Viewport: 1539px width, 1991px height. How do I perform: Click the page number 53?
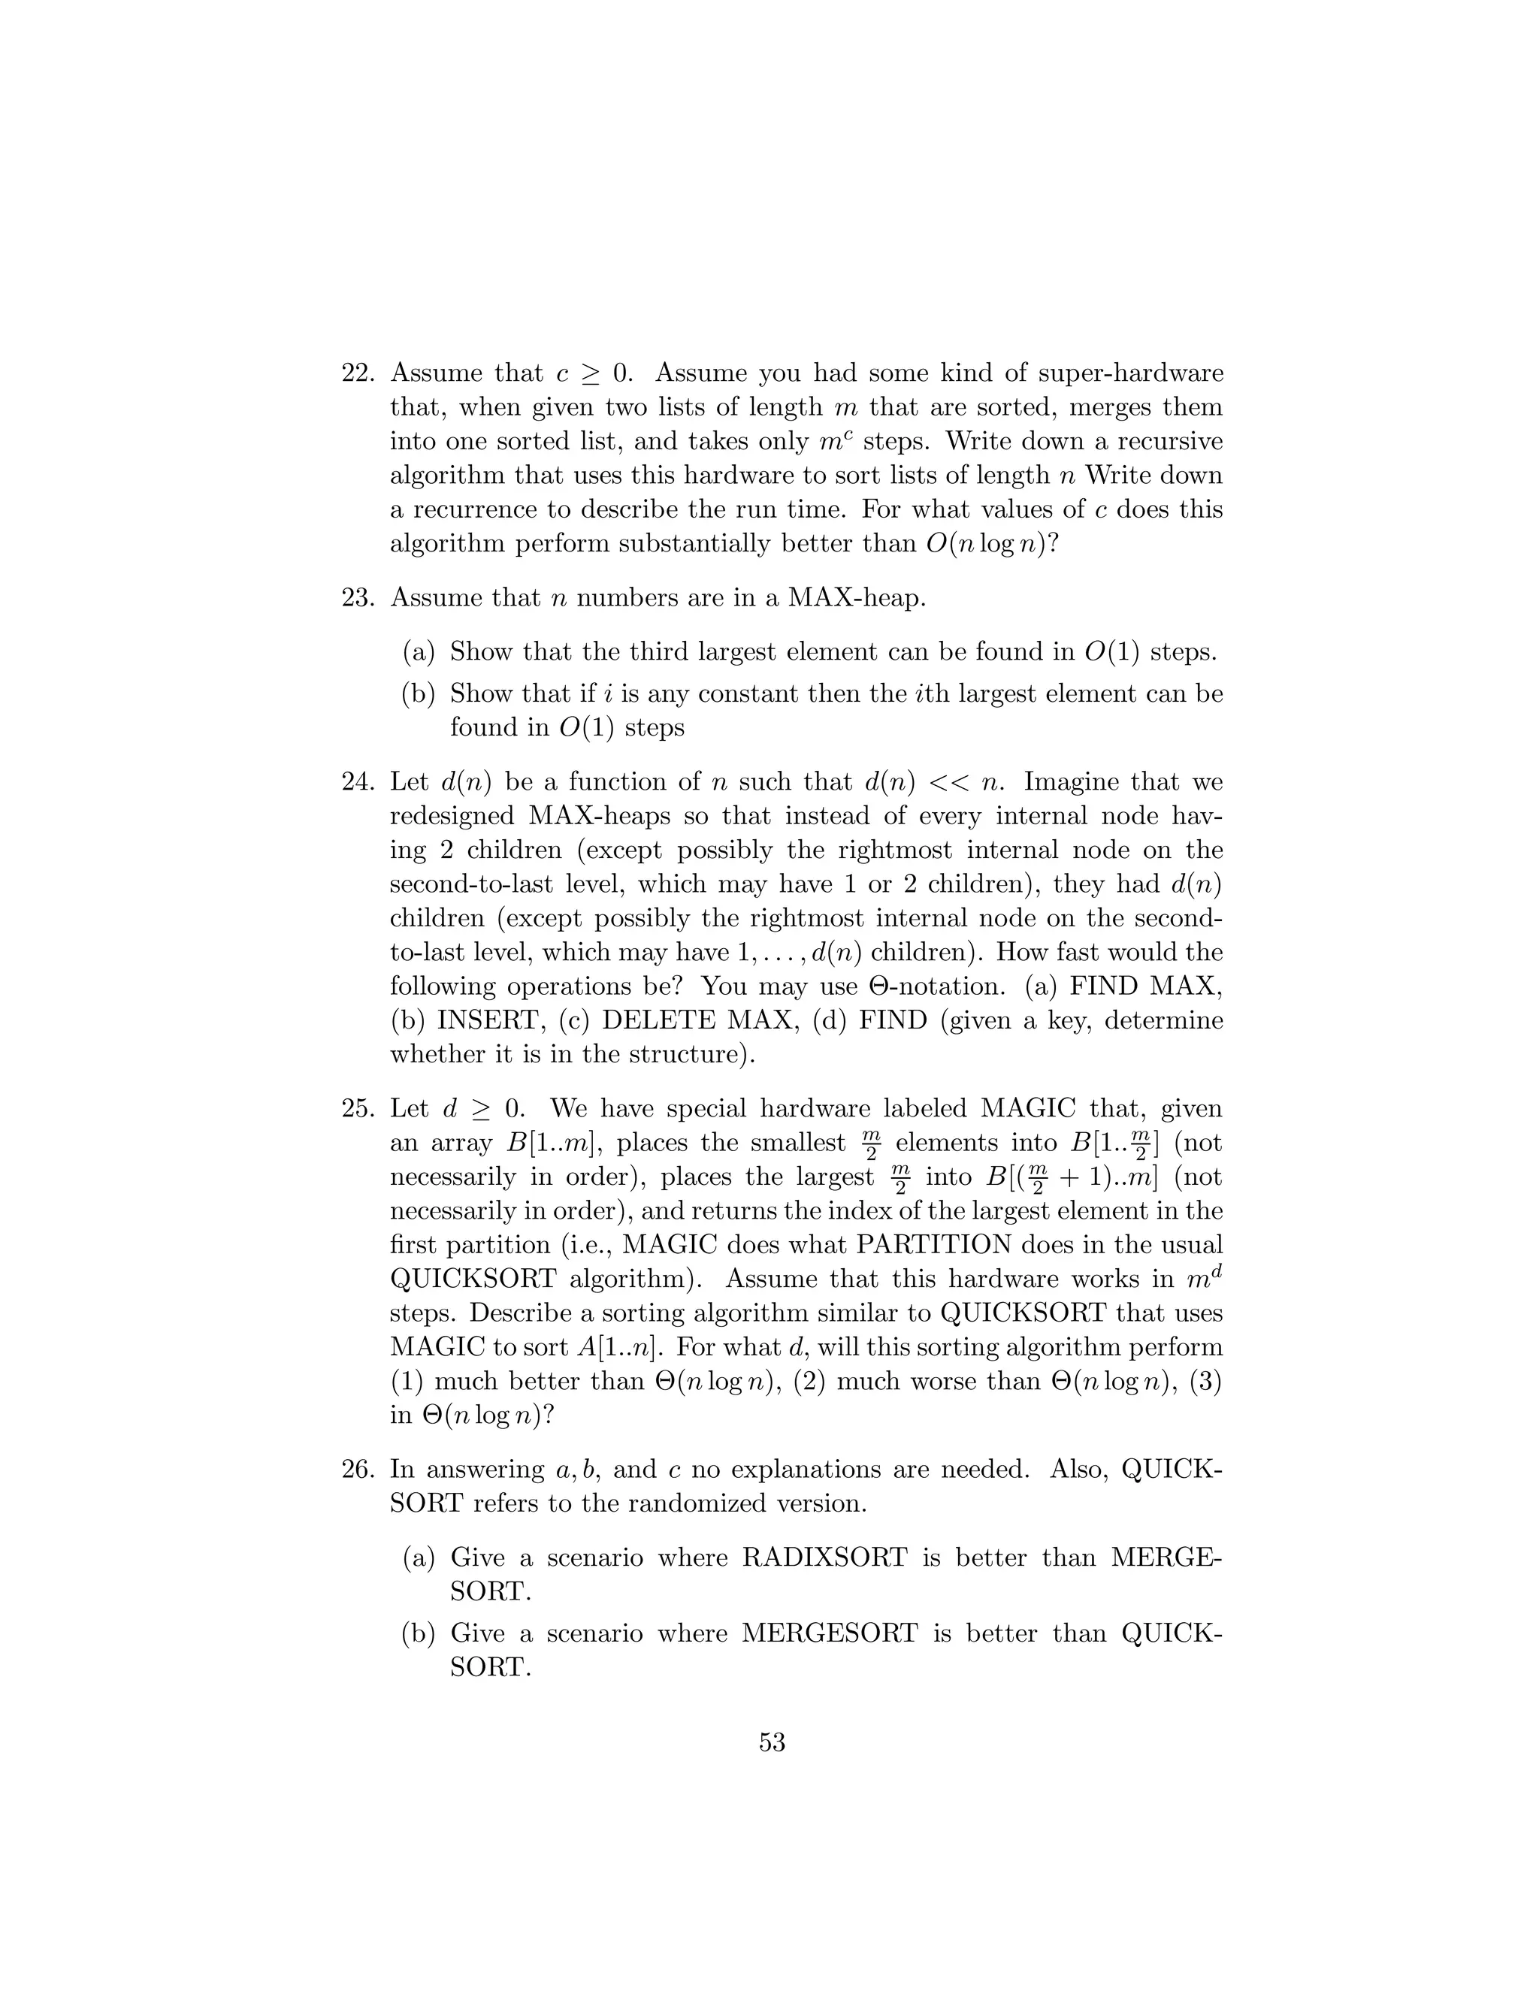click(x=771, y=1742)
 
